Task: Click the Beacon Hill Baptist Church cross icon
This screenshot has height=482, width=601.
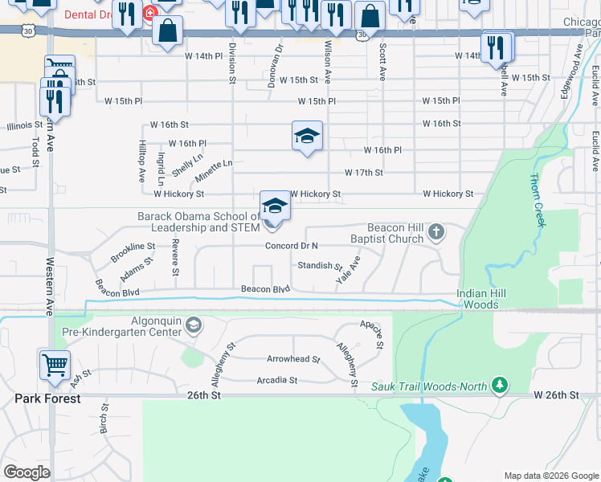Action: point(436,232)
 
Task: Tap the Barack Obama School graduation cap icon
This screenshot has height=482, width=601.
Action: point(275,206)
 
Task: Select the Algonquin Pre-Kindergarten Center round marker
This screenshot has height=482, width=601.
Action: point(193,325)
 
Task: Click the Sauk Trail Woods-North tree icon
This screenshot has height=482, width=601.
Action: point(500,386)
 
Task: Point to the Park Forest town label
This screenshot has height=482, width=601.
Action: point(47,398)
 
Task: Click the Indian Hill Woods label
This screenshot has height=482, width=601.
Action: point(482,299)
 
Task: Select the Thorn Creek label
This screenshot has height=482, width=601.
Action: point(536,200)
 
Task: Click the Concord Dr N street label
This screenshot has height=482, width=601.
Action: point(292,246)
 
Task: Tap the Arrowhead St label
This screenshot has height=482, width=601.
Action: point(293,360)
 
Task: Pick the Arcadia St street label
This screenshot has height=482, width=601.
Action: point(276,380)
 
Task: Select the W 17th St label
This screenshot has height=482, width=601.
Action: point(363,173)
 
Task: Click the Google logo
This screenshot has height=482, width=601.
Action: point(27,472)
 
